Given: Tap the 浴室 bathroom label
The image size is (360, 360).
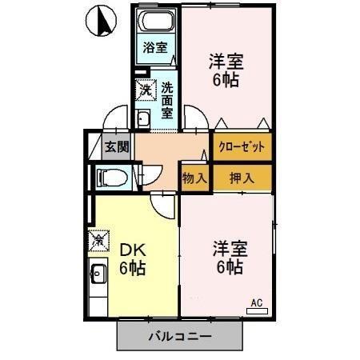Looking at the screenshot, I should (155, 48).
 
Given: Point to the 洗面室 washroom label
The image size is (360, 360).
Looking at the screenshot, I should (166, 100).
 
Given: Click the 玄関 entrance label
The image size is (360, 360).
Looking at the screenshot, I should (116, 146).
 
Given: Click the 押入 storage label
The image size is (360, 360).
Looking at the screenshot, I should (241, 178).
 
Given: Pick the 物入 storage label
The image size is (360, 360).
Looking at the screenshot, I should (194, 178).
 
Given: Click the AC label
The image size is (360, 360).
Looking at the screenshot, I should (257, 302).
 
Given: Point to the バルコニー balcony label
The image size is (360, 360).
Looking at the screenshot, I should (180, 336).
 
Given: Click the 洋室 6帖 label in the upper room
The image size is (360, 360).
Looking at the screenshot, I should (225, 70).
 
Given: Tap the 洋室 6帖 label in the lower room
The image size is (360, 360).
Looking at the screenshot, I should (227, 257).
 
